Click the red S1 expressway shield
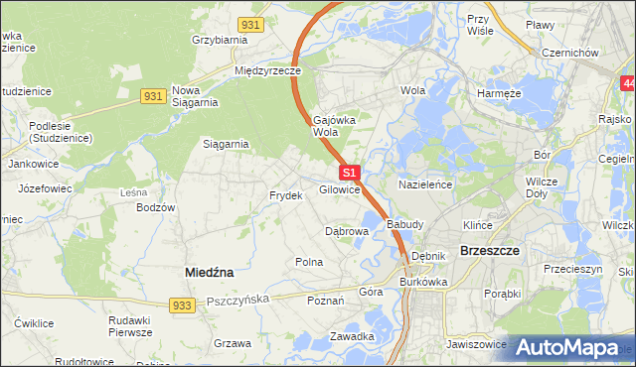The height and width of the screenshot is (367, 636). pyautogui.click(x=349, y=173)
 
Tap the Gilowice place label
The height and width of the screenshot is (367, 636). pyautogui.click(x=339, y=189)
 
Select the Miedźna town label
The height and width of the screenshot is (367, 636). pyautogui.click(x=210, y=271)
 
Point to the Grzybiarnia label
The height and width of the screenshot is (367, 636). pyautogui.click(x=219, y=41)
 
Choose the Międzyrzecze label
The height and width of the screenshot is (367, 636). pyautogui.click(x=266, y=71)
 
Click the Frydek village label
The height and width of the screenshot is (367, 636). pyautogui.click(x=285, y=195)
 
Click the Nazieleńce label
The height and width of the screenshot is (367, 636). pyautogui.click(x=425, y=185)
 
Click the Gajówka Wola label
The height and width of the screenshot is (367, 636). pyautogui.click(x=334, y=125)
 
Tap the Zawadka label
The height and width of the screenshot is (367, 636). pyautogui.click(x=352, y=336)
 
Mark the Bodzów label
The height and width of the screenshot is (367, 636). pyautogui.click(x=156, y=207)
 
